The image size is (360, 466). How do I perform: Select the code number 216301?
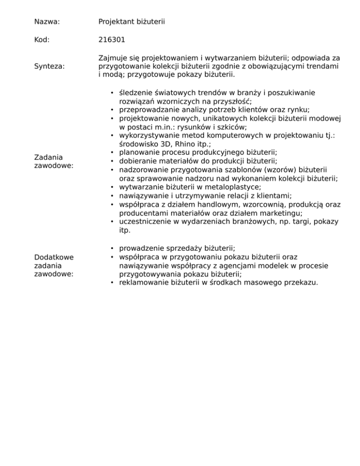(112, 40)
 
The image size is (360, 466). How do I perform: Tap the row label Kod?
(42, 40)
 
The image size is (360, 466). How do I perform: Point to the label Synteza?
(50, 67)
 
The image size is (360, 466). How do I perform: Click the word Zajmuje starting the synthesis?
(113, 58)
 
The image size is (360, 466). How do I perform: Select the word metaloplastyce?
(235, 187)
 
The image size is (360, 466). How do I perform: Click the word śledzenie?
(139, 92)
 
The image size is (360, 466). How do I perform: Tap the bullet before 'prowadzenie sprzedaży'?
(112, 248)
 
